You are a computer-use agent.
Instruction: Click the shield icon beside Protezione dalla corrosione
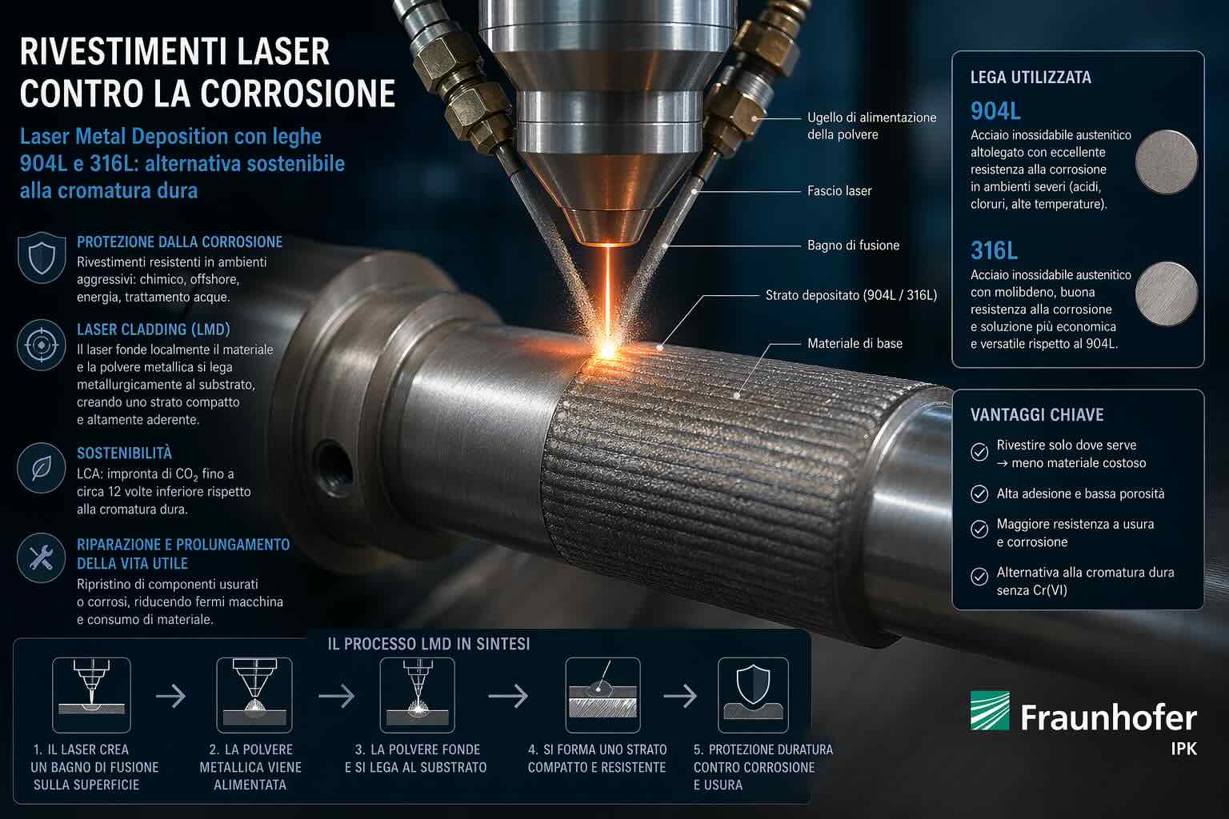point(42,258)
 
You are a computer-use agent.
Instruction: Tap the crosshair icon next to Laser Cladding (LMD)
point(41,345)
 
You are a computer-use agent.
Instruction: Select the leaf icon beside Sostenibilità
point(41,468)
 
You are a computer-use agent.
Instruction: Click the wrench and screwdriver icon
point(41,558)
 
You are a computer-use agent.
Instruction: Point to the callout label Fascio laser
point(839,191)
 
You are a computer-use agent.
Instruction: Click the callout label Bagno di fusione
point(853,246)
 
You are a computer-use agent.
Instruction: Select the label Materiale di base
point(855,343)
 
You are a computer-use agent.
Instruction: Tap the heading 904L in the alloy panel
point(995,111)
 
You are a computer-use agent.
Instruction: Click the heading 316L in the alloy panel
point(994,250)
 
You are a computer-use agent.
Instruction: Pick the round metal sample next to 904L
point(1166,162)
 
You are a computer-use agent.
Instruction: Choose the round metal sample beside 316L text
point(1166,294)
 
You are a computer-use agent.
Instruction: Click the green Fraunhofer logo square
point(990,710)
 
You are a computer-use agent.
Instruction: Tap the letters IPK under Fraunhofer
point(1183,749)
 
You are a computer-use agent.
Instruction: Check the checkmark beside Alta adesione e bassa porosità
point(979,493)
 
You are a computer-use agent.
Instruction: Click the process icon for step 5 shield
point(753,695)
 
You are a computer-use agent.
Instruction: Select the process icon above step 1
point(92,695)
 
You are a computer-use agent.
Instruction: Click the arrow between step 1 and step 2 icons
point(170,696)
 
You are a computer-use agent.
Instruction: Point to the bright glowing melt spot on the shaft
point(607,350)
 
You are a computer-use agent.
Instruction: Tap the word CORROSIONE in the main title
point(298,94)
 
